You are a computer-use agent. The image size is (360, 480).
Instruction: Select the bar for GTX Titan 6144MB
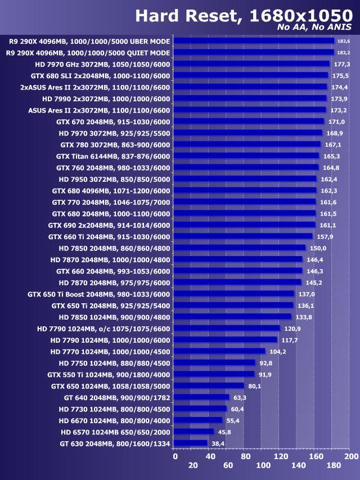pos(247,156)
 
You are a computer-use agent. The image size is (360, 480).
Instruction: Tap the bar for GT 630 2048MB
pos(191,443)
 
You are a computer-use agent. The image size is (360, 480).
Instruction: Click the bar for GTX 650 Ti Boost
pos(235,294)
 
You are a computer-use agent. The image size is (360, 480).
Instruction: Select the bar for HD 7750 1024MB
pos(215,363)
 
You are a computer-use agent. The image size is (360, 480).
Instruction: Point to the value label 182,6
pos(343,41)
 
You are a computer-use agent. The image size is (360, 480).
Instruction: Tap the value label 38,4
pos(217,443)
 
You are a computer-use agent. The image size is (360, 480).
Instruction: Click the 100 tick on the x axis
pos(263,465)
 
